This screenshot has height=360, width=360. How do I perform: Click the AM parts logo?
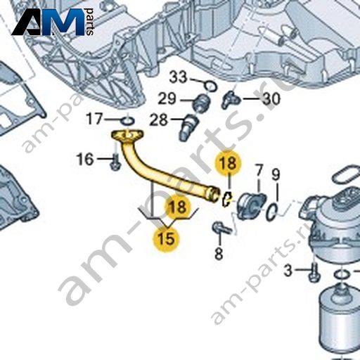pyautogui.click(x=53, y=22)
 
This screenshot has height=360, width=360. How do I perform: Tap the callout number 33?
pyautogui.click(x=179, y=77)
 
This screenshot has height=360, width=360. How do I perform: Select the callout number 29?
pyautogui.click(x=167, y=98)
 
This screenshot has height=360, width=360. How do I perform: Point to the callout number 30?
pyautogui.click(x=271, y=98)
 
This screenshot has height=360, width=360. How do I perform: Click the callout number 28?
pyautogui.click(x=159, y=120)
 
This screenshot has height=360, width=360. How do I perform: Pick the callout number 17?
pyautogui.click(x=94, y=119)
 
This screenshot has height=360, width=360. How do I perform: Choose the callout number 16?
pyautogui.click(x=85, y=159)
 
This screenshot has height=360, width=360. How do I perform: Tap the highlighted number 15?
pyautogui.click(x=166, y=239)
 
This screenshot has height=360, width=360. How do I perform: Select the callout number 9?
pyautogui.click(x=276, y=174)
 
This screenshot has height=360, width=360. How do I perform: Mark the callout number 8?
pyautogui.click(x=219, y=253)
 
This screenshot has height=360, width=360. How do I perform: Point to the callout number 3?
pyautogui.click(x=288, y=270)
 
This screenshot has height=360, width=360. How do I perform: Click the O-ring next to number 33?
pyautogui.click(x=210, y=86)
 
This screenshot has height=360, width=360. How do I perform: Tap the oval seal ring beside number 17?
pyautogui.click(x=128, y=121)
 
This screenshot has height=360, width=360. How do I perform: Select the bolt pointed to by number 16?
pyautogui.click(x=115, y=162)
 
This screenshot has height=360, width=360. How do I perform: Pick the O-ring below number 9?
pyautogui.click(x=272, y=212)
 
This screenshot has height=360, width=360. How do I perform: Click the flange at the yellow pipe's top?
pyautogui.click(x=127, y=136)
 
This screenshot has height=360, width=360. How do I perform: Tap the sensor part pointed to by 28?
pyautogui.click(x=188, y=127)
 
